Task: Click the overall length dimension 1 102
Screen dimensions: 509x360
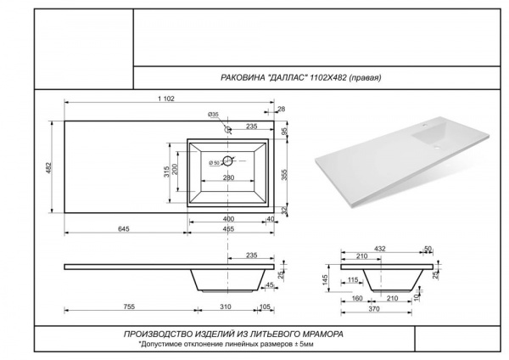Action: click(166, 98)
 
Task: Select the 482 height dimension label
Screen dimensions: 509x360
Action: click(48, 167)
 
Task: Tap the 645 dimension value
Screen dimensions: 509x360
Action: click(123, 229)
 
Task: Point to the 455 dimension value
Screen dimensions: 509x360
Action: click(228, 229)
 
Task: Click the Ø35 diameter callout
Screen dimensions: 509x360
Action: click(213, 115)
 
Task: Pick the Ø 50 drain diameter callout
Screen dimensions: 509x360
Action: click(215, 163)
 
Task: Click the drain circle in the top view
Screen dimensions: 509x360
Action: click(228, 160)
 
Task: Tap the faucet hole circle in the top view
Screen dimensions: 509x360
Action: click(228, 129)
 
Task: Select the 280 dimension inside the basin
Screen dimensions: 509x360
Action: click(228, 177)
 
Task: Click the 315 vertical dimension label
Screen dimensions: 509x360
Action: click(166, 172)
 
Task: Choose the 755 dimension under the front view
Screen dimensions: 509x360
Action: click(129, 307)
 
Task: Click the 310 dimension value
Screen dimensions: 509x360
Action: click(226, 307)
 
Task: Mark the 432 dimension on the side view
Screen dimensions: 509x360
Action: click(380, 249)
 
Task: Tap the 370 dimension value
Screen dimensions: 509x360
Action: click(374, 309)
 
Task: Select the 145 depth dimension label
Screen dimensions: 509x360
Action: click(326, 278)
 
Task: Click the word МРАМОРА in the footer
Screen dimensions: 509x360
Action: click(322, 334)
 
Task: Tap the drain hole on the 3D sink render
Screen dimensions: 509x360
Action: click(437, 148)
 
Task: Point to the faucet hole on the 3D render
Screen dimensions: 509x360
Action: click(425, 124)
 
